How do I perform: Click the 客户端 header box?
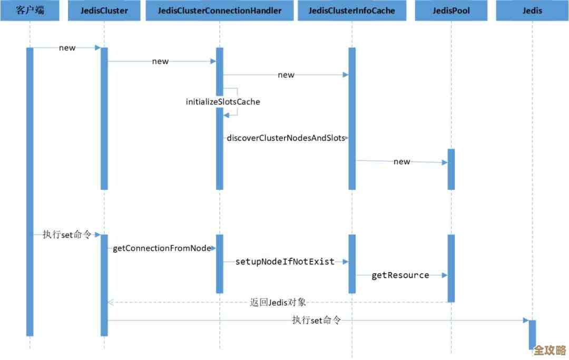pos(30,11)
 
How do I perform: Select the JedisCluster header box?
pos(104,11)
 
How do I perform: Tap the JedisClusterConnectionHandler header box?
pos(219,11)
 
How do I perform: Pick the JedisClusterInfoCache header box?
pos(351,11)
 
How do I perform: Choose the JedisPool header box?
pos(451,11)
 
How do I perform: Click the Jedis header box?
pos(532,11)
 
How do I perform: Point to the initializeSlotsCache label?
pos(223,102)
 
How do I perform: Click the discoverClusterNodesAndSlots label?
pos(286,138)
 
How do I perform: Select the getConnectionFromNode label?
pos(162,248)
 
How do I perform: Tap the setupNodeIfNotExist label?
pos(284,261)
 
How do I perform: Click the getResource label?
pos(400,275)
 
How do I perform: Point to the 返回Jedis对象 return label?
pos(278,303)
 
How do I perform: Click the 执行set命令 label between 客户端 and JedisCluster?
pos(67,235)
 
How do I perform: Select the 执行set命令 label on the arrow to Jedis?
pos(317,320)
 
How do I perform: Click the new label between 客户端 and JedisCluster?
pos(67,48)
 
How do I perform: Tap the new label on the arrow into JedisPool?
pos(401,162)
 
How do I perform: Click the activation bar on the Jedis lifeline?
pos(532,334)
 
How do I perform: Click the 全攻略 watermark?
pos(549,351)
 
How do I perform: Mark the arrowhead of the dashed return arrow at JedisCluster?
pos(110,303)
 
